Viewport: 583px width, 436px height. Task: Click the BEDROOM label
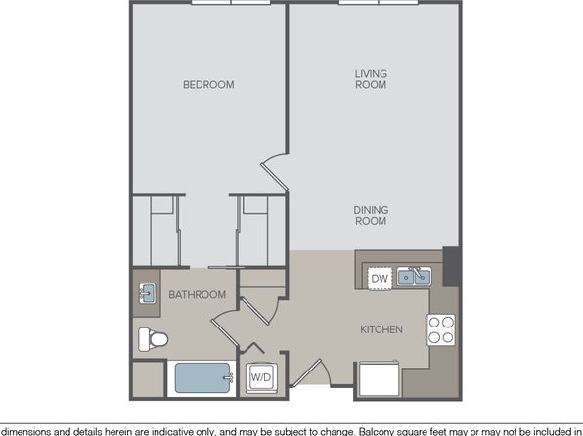[208, 85]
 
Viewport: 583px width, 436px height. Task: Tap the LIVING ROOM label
[371, 79]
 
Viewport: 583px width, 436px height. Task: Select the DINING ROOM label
[371, 216]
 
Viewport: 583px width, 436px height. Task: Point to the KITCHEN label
[381, 329]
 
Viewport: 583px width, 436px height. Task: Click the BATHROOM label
[197, 295]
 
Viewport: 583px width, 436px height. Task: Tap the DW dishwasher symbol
[380, 279]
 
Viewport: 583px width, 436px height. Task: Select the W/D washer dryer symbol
[261, 377]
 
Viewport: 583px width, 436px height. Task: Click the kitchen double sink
[414, 277]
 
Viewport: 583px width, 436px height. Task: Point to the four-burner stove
[441, 329]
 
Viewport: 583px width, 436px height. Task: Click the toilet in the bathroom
[153, 339]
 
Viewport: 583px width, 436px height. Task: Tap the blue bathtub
[202, 377]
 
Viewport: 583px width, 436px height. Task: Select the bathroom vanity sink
[148, 293]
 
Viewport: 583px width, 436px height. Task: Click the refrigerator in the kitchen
[380, 378]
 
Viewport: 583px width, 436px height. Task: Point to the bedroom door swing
[274, 172]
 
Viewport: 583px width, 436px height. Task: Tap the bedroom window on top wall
[231, 2]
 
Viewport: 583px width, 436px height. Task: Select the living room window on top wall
[379, 2]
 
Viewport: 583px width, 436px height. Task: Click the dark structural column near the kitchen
[452, 267]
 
